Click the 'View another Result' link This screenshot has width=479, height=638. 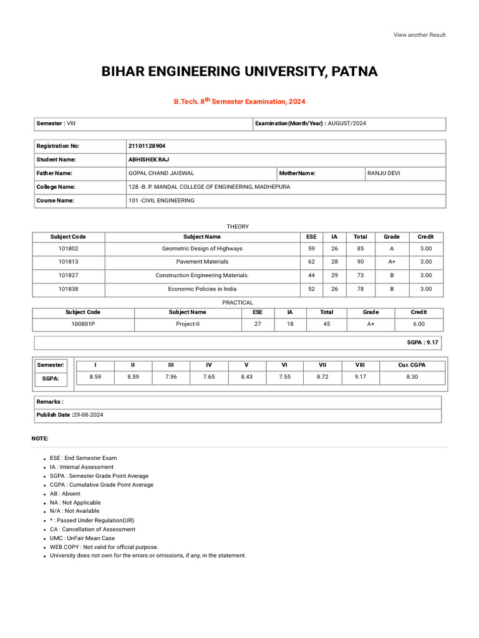[x=419, y=35]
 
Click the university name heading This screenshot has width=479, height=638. [x=239, y=72]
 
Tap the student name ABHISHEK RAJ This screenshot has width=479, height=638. [x=145, y=159]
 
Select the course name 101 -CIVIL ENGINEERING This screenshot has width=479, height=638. [x=161, y=201]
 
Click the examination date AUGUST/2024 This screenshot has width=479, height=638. [x=347, y=123]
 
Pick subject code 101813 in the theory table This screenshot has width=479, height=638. [x=68, y=262]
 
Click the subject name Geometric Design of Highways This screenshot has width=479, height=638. [x=202, y=248]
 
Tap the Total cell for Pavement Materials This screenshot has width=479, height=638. [x=360, y=262]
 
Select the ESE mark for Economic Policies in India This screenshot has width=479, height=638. [x=311, y=289]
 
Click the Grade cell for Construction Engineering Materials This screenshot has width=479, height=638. [x=392, y=275]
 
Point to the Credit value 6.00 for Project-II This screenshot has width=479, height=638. [x=419, y=324]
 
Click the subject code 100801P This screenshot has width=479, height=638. [x=83, y=324]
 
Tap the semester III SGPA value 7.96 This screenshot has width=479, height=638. [x=171, y=377]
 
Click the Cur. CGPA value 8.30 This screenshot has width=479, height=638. [x=412, y=377]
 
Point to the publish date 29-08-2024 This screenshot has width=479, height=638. [x=88, y=414]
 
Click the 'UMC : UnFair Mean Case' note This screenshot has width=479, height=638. [x=82, y=538]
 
